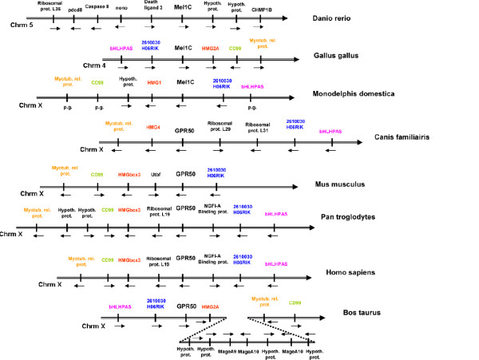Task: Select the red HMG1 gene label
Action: click(154, 81)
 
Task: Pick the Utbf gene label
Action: click(156, 172)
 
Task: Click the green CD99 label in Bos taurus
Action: click(295, 303)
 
